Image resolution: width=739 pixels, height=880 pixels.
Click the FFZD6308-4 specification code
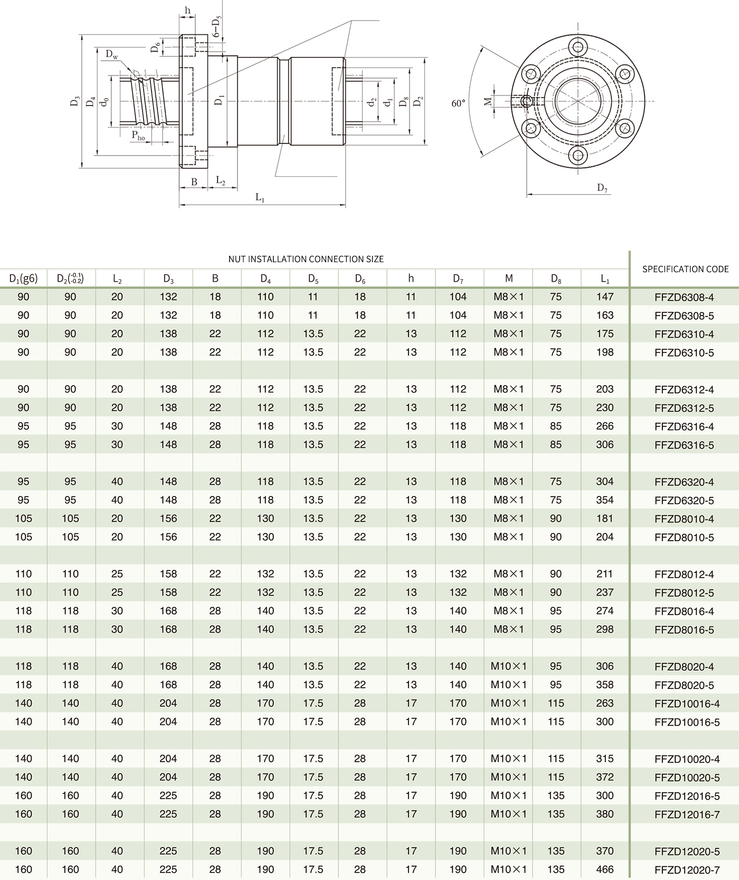tap(684, 297)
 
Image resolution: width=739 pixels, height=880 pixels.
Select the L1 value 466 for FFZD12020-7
tap(604, 869)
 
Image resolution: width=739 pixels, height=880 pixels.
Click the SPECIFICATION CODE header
tap(685, 269)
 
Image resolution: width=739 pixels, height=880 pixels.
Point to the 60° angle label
tap(458, 103)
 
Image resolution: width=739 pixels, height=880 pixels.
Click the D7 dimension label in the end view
tap(602, 188)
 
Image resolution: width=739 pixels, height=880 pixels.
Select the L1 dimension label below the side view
tap(260, 198)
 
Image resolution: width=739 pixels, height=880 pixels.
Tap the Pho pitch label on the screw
tap(138, 136)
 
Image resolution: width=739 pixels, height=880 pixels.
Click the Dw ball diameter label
tap(111, 54)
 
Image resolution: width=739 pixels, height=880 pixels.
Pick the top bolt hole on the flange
tap(579, 46)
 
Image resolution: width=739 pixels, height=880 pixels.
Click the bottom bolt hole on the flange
tap(579, 155)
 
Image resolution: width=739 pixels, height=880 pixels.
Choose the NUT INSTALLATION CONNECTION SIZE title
tap(306, 259)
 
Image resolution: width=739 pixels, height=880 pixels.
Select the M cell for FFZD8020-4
tap(508, 666)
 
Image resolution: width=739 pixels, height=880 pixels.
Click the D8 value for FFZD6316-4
tap(555, 426)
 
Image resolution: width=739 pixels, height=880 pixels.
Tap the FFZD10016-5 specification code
tap(687, 722)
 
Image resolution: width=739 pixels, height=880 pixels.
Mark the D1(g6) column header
tap(23, 278)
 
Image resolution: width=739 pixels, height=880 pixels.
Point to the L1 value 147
tap(604, 297)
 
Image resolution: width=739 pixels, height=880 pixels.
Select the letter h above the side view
tap(187, 11)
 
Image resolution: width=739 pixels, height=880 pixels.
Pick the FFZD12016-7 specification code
tap(687, 814)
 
